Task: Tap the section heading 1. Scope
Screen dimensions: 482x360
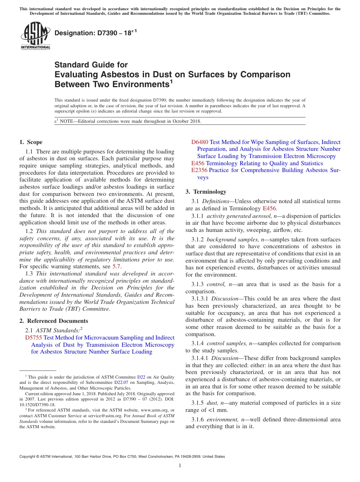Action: point(31,142)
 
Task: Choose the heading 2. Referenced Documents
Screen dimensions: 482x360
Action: point(53,321)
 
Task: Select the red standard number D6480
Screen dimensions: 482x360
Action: point(200,142)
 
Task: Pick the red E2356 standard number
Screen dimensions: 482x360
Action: point(199,171)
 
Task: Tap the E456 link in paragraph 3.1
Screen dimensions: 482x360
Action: point(269,208)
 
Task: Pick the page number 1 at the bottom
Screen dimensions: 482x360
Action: point(180,465)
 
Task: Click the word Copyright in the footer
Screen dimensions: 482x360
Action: point(29,457)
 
